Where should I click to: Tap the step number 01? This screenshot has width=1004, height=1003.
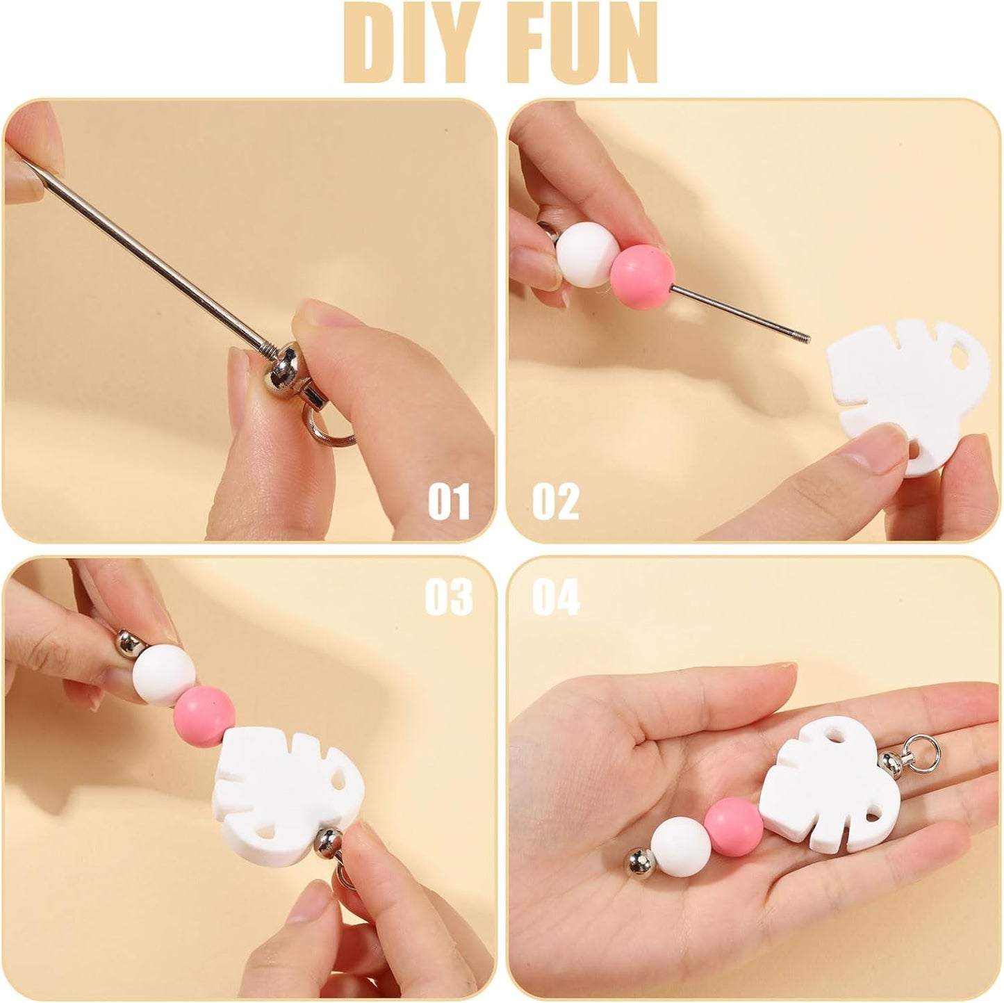click(x=449, y=501)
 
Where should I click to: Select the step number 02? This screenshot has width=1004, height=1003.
click(x=555, y=501)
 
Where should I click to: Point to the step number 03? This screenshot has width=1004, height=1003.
click(x=449, y=597)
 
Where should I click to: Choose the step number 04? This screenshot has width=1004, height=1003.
click(x=556, y=597)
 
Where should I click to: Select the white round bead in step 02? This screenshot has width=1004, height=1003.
click(x=584, y=254)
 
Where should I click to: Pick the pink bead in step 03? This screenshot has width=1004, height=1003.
click(x=204, y=717)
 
